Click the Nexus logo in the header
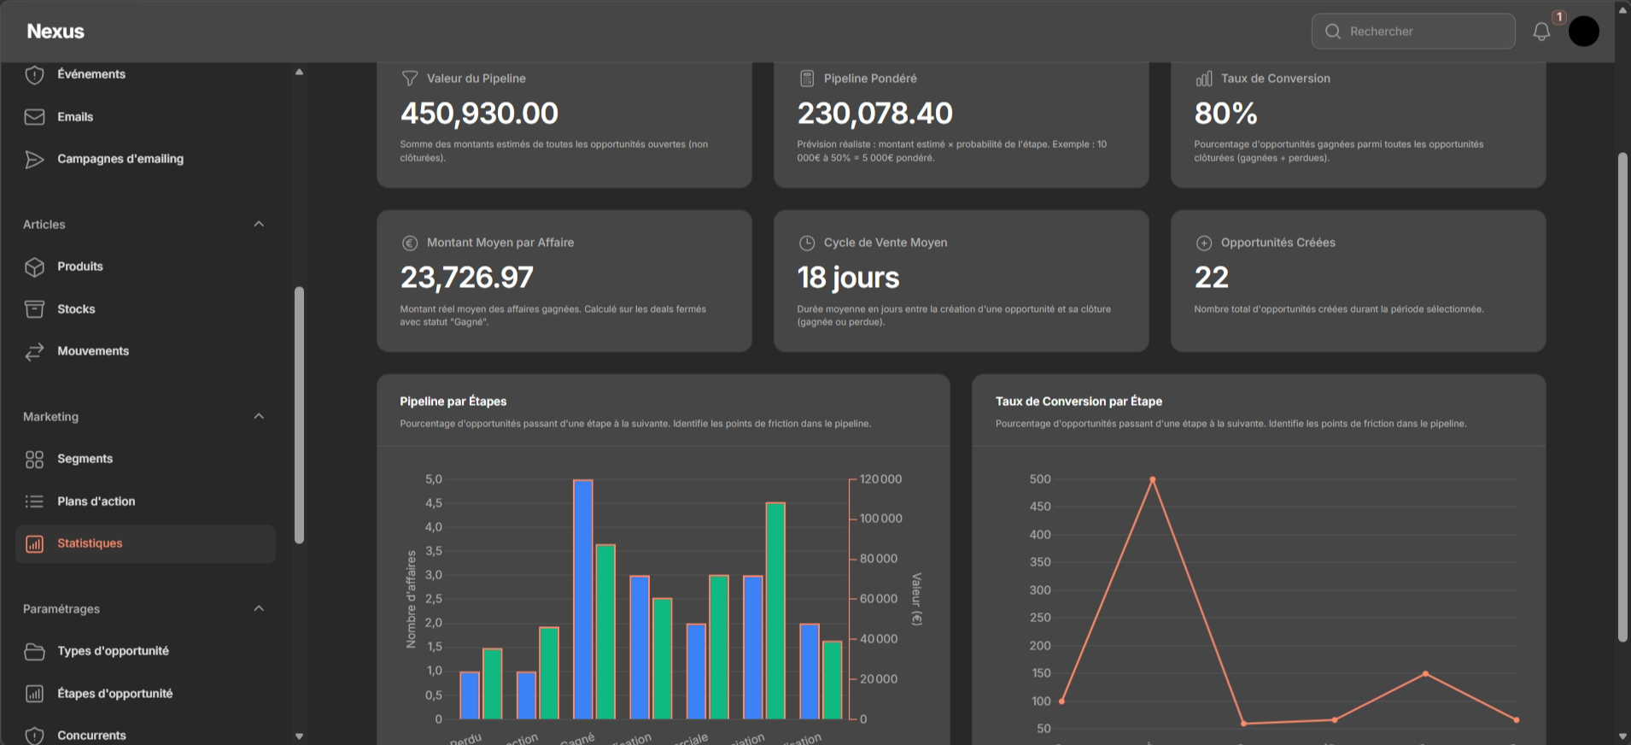[56, 32]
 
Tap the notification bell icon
[1541, 32]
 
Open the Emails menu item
[75, 117]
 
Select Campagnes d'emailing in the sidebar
[120, 159]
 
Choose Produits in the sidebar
[79, 267]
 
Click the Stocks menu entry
[76, 309]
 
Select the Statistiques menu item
[90, 543]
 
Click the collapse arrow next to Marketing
[259, 416]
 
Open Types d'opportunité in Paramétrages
[113, 651]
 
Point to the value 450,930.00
[479, 114]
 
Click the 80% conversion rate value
[1225, 114]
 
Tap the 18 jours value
[848, 278]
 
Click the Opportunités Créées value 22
[1211, 278]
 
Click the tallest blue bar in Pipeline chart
[583, 598]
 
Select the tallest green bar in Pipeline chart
[775, 611]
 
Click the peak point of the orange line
[1152, 479]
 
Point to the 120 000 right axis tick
[880, 479]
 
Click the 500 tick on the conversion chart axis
[1040, 479]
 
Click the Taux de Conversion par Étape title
[1079, 402]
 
